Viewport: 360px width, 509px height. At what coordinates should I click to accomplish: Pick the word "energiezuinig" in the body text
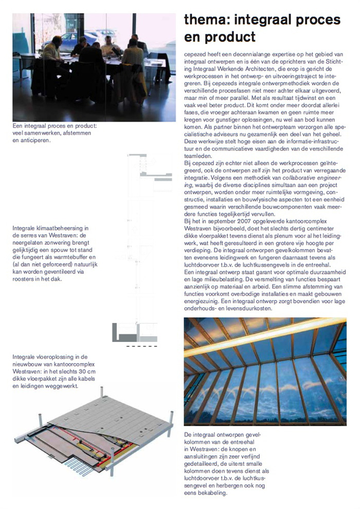click(x=206, y=302)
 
